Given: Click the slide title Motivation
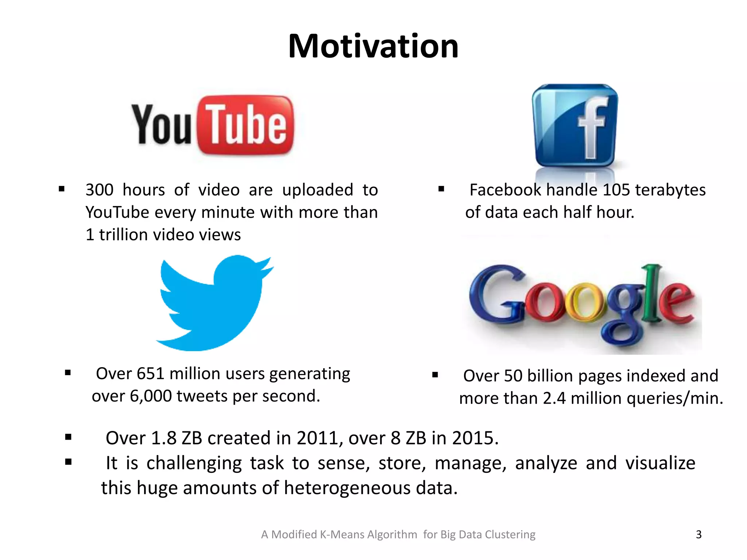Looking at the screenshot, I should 373,46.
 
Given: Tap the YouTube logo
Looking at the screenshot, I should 213,125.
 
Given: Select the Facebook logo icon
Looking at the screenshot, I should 575,126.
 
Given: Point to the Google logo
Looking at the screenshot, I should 583,304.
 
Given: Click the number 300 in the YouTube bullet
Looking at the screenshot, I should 100,190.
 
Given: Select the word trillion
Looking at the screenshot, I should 123,235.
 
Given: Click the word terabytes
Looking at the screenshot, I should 670,190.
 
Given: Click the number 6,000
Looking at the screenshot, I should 151,396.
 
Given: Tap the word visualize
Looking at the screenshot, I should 660,463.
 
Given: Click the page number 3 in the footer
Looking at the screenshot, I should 698,534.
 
